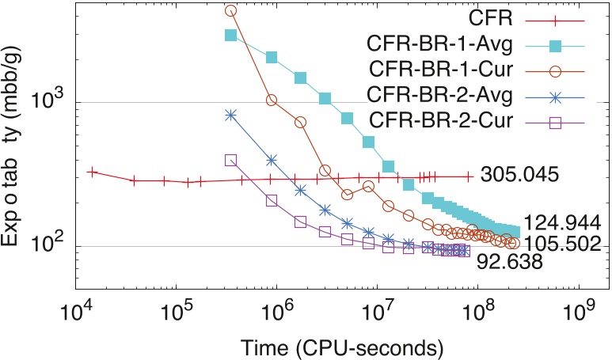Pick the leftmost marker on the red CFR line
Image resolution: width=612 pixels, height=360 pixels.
(92, 172)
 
